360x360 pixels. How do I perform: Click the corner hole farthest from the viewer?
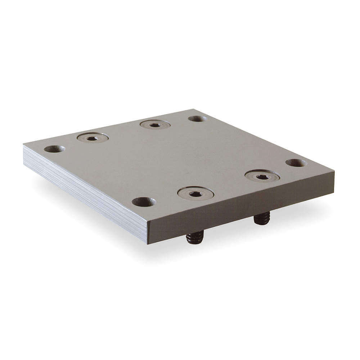coord(198,118)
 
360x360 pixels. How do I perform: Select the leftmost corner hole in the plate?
coord(54,149)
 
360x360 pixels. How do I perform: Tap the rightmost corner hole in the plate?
coord(296,163)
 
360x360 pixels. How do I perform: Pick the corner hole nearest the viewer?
coord(144,202)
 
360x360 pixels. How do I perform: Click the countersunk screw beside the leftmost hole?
coord(93,138)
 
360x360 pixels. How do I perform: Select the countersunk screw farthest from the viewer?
coord(155,125)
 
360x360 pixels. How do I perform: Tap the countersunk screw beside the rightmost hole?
coord(262,176)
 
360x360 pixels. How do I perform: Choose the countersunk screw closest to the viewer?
coord(195,194)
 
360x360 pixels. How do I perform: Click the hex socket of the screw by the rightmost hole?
coord(262,177)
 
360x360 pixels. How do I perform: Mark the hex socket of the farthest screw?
coord(155,125)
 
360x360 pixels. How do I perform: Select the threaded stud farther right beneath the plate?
coord(262,219)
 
